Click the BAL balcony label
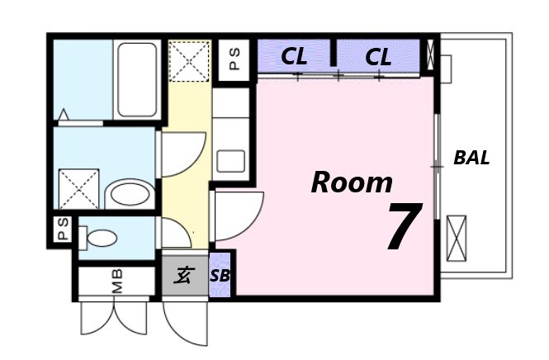pos(471,158)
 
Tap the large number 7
pos(405,226)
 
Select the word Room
pos(352,182)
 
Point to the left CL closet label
pos(294,56)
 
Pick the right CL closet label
pos(378,57)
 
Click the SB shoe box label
pos(220,276)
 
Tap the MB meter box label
pos(117,281)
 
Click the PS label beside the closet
pos(234,59)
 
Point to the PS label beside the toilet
pos(63,230)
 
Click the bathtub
pos(137,80)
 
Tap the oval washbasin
pos(130,194)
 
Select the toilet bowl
pos(98,239)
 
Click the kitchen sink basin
pos(230,161)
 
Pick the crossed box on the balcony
pos(457,239)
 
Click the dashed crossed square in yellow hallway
pos(189,61)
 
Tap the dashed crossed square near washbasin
pos(78,189)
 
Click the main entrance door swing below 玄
pos(185,324)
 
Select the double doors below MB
pos(114,318)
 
